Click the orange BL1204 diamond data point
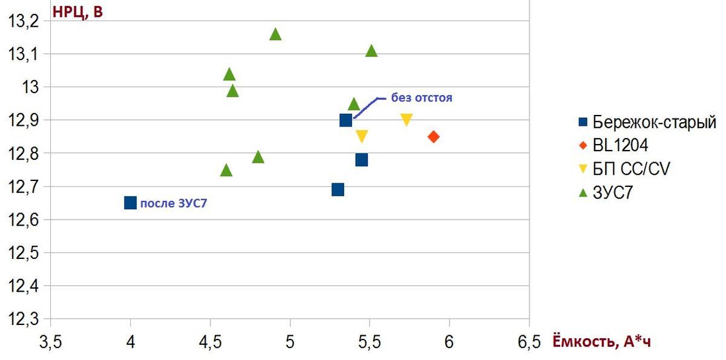tap(433, 137)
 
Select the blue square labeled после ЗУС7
tap(130, 203)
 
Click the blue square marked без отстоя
tap(345, 120)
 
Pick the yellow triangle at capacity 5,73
tap(407, 120)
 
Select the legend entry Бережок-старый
tap(646, 122)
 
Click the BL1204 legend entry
tap(620, 145)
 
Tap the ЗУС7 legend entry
tap(615, 192)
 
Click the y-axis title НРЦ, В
tap(77, 11)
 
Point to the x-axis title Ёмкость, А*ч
tap(602, 342)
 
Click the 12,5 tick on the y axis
tap(22, 253)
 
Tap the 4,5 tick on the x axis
tap(210, 342)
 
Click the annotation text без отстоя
tap(421, 97)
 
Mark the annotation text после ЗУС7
tap(177, 203)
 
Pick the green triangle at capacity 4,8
tap(258, 157)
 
